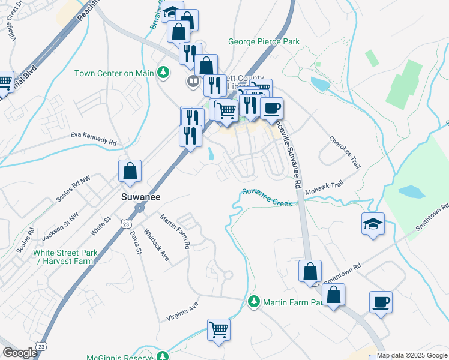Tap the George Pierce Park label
(x=264, y=42)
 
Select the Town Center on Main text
(x=114, y=73)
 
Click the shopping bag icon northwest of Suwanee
(x=130, y=172)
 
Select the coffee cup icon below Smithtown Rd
(x=381, y=301)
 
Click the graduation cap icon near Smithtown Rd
(x=373, y=224)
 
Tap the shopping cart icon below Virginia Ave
(x=218, y=329)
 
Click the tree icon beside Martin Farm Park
(x=254, y=301)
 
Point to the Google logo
(x=20, y=353)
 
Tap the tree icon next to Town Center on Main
(x=163, y=73)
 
